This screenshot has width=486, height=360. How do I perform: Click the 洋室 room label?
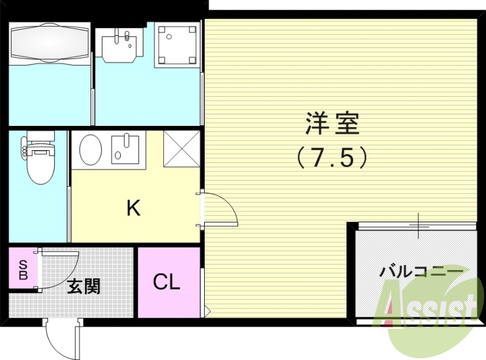pos(332,124)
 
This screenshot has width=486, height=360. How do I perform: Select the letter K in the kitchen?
pos(133,209)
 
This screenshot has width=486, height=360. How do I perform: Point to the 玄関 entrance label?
pos(83,286)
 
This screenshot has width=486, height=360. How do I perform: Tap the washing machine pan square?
pos(177,44)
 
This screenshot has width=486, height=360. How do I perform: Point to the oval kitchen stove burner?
pos(91,148)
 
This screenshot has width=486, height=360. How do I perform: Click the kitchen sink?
pos(125,150)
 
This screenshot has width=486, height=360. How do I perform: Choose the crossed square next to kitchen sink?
pos(181,149)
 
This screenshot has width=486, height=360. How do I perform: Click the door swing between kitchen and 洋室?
pos(220,209)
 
